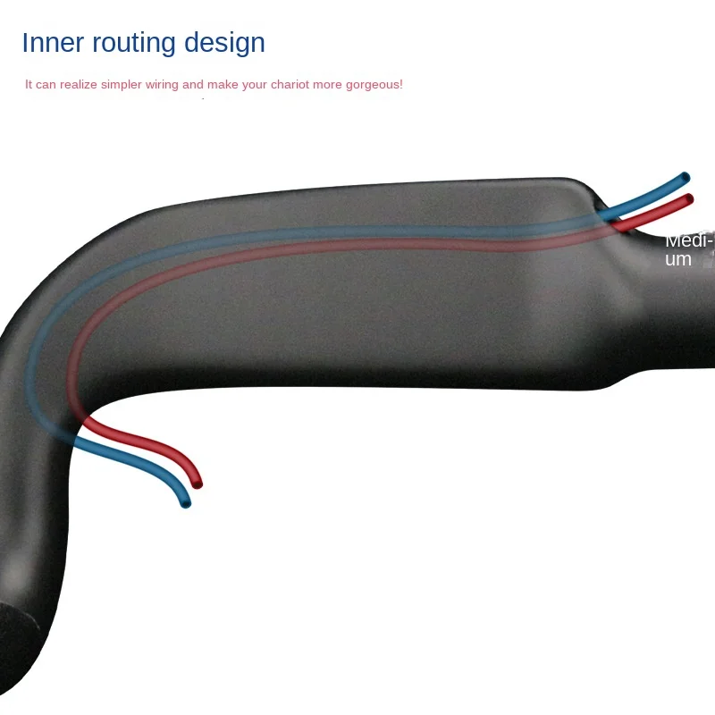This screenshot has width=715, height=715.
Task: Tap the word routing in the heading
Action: [132, 44]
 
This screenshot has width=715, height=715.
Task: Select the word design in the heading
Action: [224, 44]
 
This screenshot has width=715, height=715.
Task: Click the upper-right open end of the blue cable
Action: [686, 177]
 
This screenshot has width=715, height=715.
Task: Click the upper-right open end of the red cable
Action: [688, 198]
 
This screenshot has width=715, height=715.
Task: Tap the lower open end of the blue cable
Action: [186, 504]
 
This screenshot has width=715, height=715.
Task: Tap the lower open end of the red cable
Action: [198, 484]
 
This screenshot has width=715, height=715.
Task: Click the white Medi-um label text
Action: [689, 249]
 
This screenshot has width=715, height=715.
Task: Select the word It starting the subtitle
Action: [29, 85]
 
